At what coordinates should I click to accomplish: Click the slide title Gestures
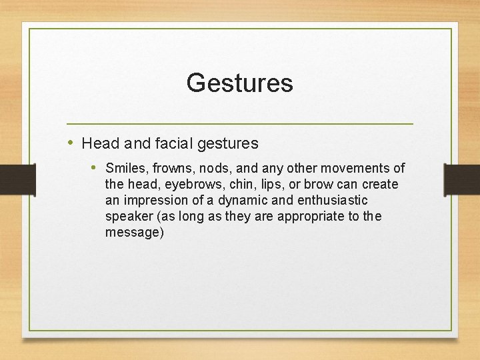(239, 83)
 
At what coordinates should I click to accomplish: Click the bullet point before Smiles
(95, 167)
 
